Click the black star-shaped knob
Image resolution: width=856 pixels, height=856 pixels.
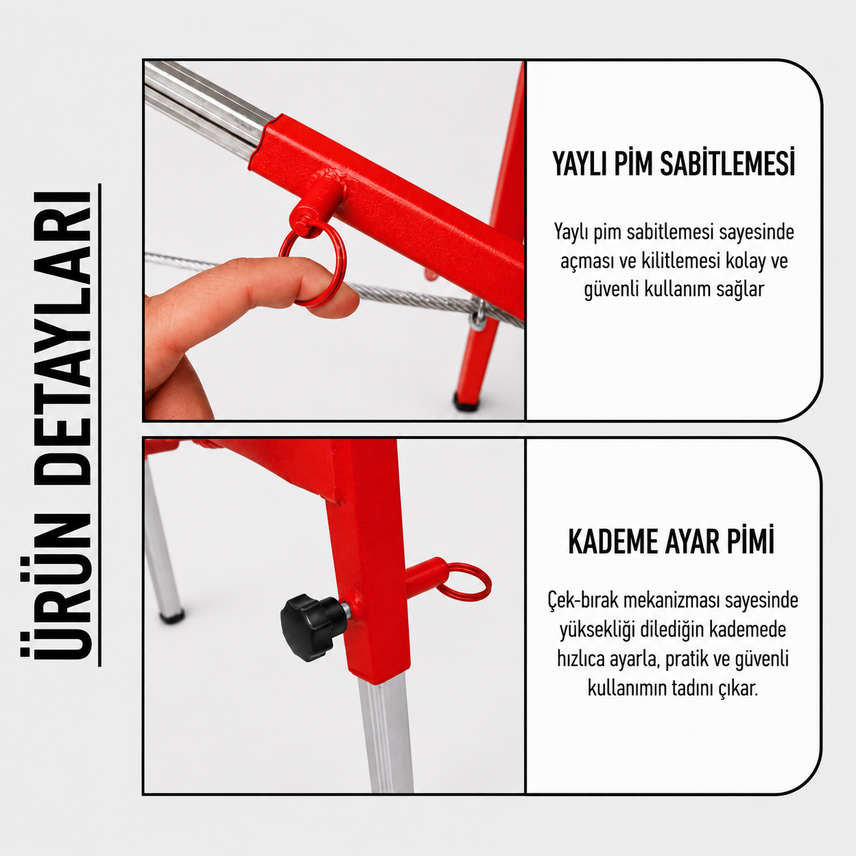pos(311,627)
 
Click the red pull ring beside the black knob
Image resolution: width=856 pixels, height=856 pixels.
pos(465,581)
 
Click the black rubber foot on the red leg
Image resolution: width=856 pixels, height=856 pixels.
pos(466,401)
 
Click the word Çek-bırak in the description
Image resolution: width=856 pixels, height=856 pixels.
pos(582,601)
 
